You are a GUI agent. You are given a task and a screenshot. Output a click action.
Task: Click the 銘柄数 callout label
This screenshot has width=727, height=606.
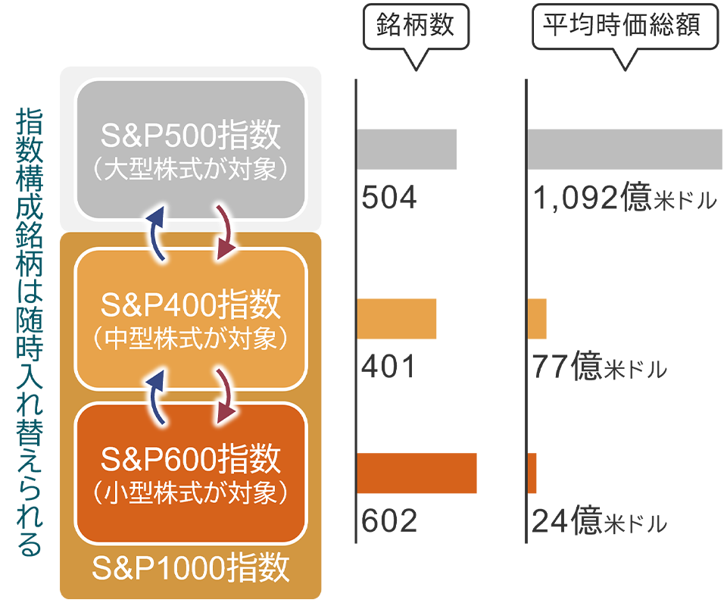click(x=415, y=25)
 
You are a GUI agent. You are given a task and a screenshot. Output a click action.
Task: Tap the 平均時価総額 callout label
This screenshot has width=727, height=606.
click(x=620, y=25)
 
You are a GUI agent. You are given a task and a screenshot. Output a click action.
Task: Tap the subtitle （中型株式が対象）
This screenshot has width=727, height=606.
click(x=191, y=339)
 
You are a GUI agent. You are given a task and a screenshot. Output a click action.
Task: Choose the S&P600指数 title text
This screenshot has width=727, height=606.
click(x=191, y=458)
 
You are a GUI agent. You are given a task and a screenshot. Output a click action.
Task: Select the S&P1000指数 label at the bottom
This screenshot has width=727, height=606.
click(x=191, y=567)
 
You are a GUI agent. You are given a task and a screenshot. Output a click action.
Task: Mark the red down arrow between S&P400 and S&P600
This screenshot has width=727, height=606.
click(x=226, y=394)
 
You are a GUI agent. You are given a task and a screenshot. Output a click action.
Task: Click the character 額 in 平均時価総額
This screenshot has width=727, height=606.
click(x=685, y=25)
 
